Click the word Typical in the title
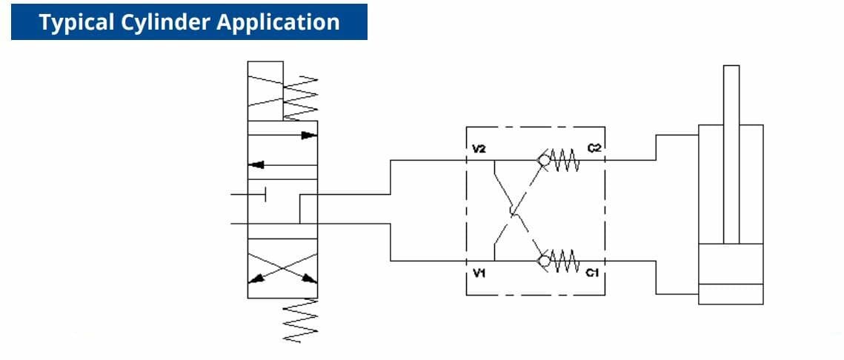tap(72, 22)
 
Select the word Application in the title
tap(278, 22)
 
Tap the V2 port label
tap(479, 149)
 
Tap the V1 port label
tap(479, 273)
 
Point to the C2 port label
tap(594, 149)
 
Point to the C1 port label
tap(592, 273)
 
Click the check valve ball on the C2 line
tap(545, 160)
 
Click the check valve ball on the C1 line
tap(545, 261)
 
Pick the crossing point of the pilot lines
tap(514, 213)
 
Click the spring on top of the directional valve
tap(301, 97)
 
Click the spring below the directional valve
tap(301, 319)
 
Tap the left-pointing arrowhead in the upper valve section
tap(257, 164)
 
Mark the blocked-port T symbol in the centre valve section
tap(265, 194)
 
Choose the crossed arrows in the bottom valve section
tap(282, 267)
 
